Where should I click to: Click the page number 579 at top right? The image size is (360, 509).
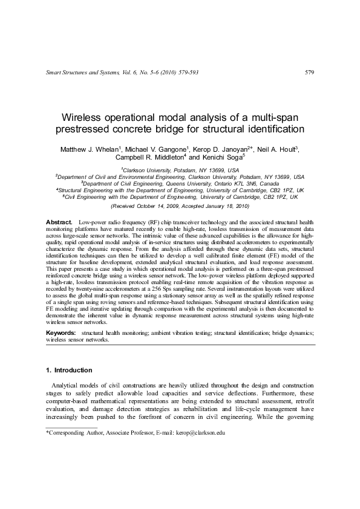(309, 73)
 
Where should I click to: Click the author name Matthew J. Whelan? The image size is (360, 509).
(84, 149)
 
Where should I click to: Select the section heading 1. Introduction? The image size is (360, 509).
(69, 370)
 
